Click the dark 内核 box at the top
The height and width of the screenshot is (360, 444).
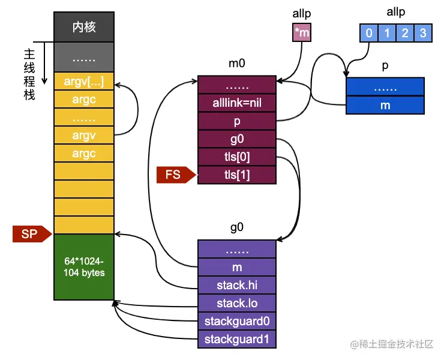pos(84,27)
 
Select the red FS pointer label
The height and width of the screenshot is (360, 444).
pos(175,175)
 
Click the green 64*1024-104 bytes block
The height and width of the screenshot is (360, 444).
pos(84,267)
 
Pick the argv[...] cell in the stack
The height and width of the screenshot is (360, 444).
pos(84,81)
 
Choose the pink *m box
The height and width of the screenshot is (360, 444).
pos(302,33)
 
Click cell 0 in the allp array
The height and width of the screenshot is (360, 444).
pos(368,33)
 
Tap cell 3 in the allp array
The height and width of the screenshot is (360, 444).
pos(423,33)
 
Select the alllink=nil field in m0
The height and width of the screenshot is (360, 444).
pos(237,103)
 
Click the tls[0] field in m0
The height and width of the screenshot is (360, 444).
pos(237,157)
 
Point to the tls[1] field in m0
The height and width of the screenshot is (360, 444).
pos(237,175)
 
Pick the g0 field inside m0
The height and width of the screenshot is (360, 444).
pos(237,139)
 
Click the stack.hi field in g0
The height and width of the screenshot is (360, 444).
pos(237,284)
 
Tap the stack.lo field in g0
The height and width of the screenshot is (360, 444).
pos(237,302)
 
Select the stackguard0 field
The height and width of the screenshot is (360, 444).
pos(237,321)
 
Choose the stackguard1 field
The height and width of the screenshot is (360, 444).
pos(237,339)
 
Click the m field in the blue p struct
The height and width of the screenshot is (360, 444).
pos(385,105)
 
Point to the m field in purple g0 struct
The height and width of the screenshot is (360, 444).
pos(237,266)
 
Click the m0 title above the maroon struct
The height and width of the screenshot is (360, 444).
pos(237,64)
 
